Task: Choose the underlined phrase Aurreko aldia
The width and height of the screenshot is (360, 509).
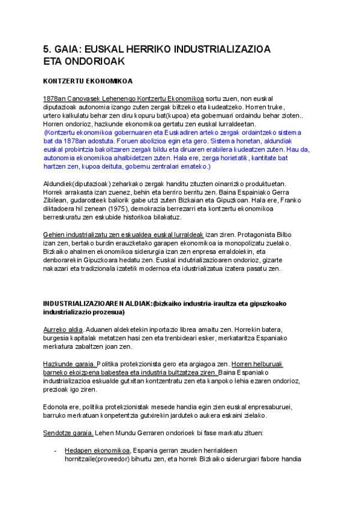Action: click(62, 330)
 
